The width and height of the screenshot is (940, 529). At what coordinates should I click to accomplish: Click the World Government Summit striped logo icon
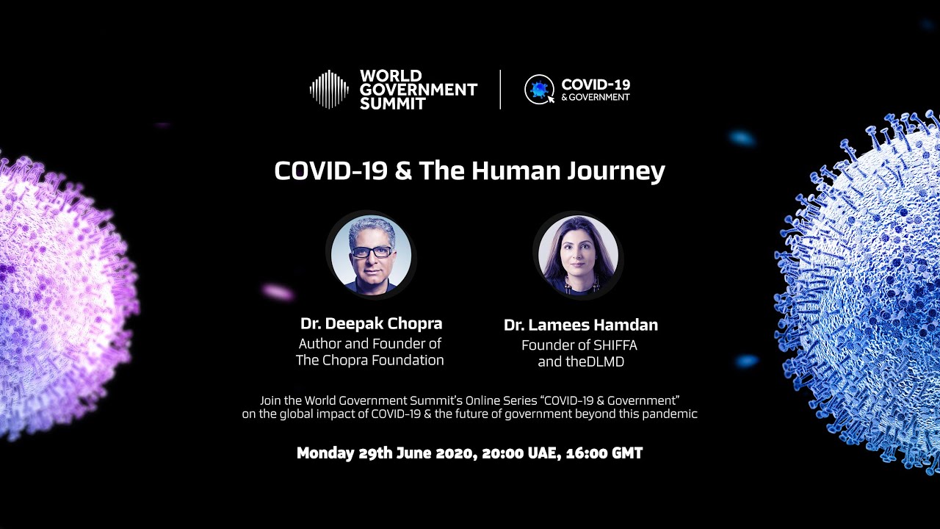pyautogui.click(x=330, y=89)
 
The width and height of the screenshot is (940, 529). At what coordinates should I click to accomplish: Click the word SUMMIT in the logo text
pyautogui.click(x=393, y=104)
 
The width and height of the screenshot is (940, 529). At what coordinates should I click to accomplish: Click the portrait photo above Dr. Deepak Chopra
pyautogui.click(x=371, y=254)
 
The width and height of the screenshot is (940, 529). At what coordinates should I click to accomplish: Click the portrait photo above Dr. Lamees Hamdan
pyautogui.click(x=578, y=255)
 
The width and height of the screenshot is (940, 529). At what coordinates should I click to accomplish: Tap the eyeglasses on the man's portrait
pyautogui.click(x=372, y=252)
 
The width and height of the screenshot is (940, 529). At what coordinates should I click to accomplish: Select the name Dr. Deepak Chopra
pyautogui.click(x=371, y=323)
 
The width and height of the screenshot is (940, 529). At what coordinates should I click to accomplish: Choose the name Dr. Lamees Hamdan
pyautogui.click(x=581, y=325)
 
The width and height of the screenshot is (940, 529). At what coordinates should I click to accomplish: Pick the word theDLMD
pyautogui.click(x=595, y=361)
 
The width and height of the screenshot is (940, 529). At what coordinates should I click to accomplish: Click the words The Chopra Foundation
pyautogui.click(x=369, y=360)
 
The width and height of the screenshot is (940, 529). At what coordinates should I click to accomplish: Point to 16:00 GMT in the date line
pyautogui.click(x=604, y=453)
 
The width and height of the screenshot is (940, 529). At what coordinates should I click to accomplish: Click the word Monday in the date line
pyautogui.click(x=325, y=453)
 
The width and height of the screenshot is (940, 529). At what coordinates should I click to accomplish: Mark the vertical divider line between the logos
pyautogui.click(x=500, y=90)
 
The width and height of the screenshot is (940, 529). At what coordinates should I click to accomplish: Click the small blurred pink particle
pyautogui.click(x=278, y=292)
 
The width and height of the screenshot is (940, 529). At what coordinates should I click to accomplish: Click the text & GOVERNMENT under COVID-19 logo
pyautogui.click(x=596, y=97)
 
